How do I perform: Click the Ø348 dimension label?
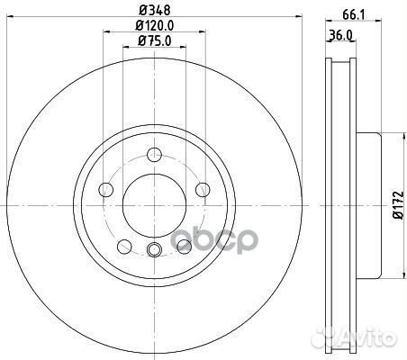tap(155, 11)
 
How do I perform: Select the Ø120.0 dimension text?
tap(155, 26)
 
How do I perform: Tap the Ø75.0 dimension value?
tap(155, 40)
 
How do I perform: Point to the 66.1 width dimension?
tap(353, 15)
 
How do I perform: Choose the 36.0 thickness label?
tap(340, 35)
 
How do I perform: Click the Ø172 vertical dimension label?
tap(399, 205)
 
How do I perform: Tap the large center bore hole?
tap(154, 205)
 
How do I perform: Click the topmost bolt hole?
tap(155, 155)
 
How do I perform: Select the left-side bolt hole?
tap(106, 190)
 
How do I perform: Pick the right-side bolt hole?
tap(203, 190)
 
